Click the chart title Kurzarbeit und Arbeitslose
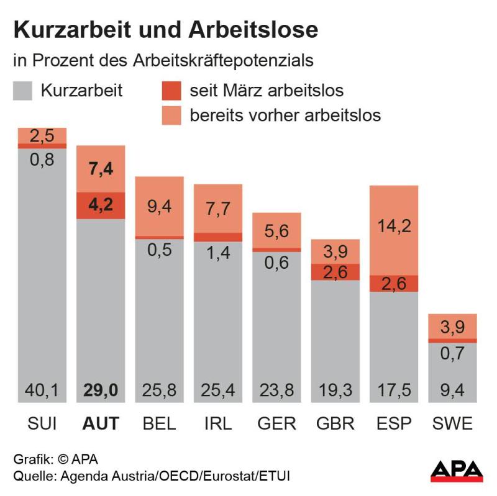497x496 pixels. [x=166, y=29]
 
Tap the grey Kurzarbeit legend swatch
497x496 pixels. [x=23, y=91]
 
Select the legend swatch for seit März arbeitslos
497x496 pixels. [x=170, y=91]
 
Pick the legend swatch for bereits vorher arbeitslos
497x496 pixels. [x=170, y=115]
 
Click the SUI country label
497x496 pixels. [x=42, y=423]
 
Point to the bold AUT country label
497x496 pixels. [x=101, y=423]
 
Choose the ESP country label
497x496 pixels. [x=394, y=423]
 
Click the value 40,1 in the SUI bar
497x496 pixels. [x=42, y=391]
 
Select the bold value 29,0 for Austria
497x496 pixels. [x=101, y=391]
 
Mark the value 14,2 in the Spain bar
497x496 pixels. [x=394, y=226]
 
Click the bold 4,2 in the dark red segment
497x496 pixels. [x=101, y=205]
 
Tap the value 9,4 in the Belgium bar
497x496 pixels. [x=159, y=205]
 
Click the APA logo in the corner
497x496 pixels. [x=457, y=471]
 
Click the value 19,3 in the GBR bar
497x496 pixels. [x=335, y=391]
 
